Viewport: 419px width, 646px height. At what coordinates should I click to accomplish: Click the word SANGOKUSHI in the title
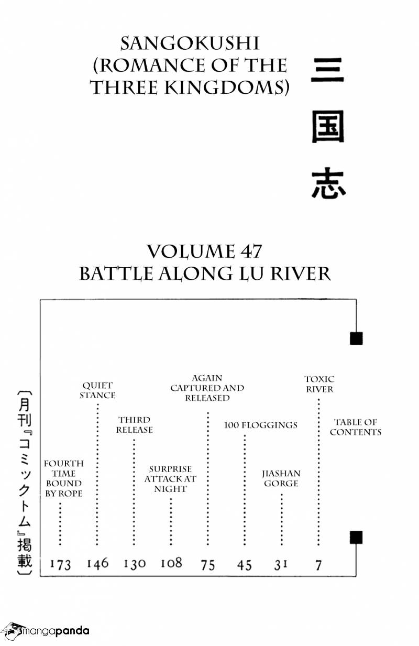pos(190,44)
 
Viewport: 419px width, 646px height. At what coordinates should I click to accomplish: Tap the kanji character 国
pos(328,127)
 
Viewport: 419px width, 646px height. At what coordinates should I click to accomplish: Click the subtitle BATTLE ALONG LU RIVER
pos(205,273)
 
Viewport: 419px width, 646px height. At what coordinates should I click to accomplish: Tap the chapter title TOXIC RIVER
pos(319,384)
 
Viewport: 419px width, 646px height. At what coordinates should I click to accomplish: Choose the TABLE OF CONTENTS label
pos(356,427)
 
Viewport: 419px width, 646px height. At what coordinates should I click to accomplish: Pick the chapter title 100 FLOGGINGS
pos(261,425)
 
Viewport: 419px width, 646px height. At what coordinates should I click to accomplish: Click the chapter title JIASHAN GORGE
pos(281,478)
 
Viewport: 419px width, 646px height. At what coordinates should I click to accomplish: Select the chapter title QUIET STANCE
pos(97,390)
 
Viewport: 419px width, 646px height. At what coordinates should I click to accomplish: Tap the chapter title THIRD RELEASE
pos(135,425)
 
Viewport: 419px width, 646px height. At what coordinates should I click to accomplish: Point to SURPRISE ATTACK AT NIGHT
pos(170,479)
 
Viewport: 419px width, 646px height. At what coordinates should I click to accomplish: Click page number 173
pos(60,564)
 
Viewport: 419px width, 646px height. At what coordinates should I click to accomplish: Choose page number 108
pos(171,563)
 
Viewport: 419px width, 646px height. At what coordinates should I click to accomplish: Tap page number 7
pos(318,565)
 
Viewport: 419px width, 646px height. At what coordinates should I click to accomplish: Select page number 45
pos(245,565)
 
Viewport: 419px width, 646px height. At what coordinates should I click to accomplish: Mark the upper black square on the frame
pos(356,338)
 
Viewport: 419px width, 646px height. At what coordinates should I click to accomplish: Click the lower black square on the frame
pos(356,538)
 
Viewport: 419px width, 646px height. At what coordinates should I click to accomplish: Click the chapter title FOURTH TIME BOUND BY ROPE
pos(63,478)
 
